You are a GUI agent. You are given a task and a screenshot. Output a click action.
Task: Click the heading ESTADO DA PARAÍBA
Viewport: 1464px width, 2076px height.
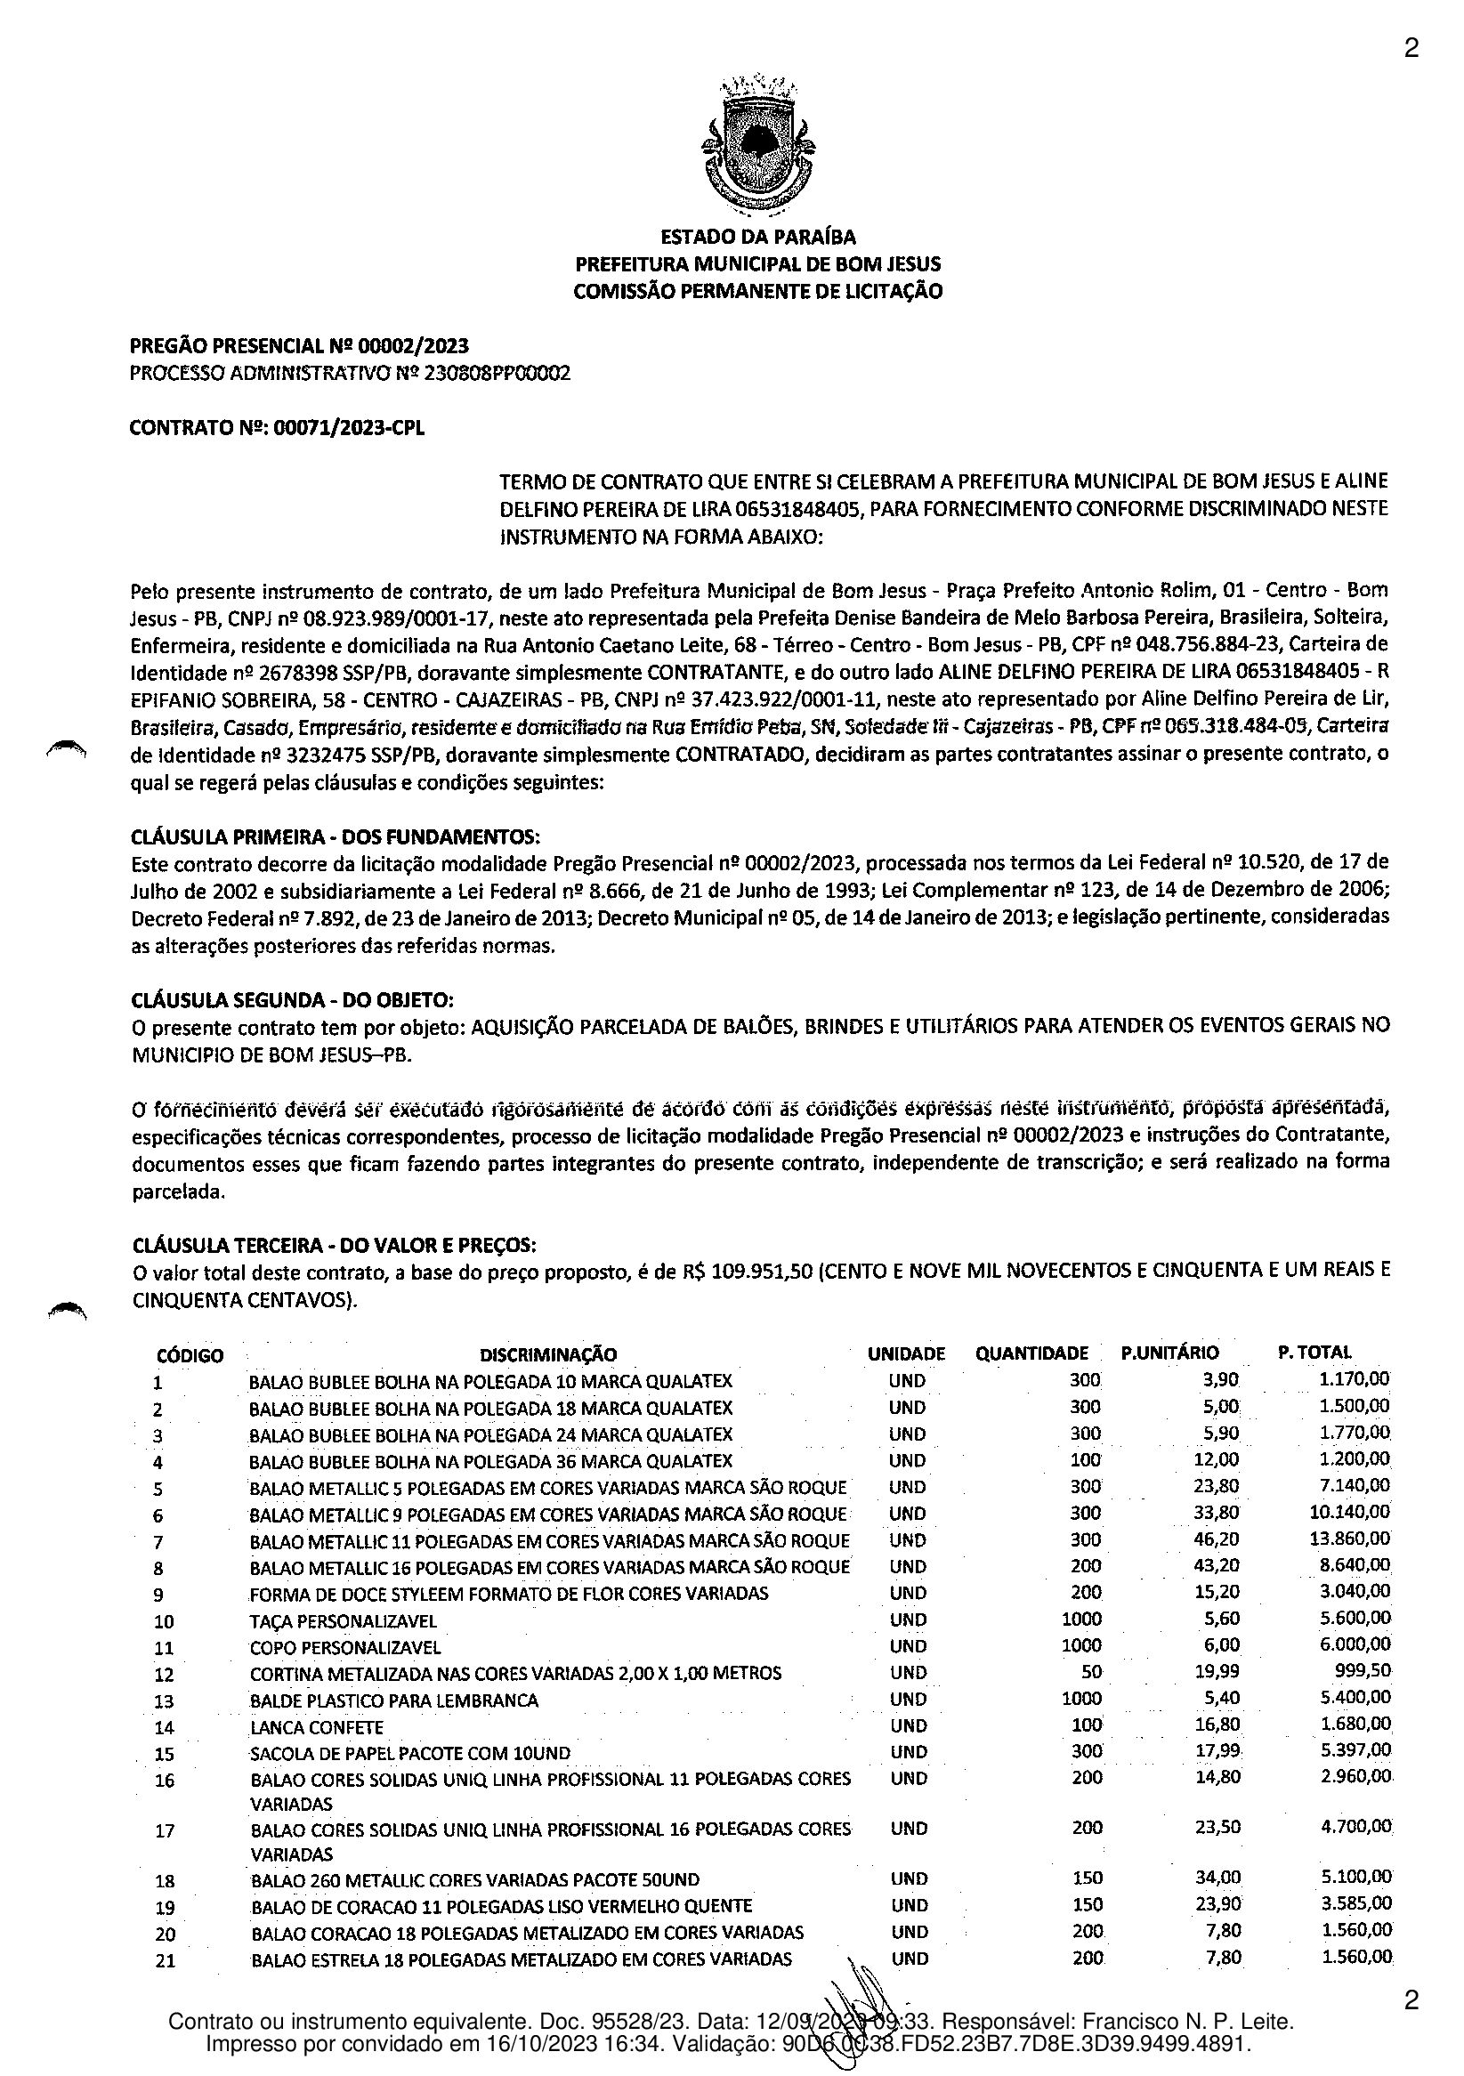pos(758,238)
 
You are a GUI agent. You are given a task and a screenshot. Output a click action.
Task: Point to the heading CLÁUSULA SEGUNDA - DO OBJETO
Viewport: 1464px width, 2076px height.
pos(292,1000)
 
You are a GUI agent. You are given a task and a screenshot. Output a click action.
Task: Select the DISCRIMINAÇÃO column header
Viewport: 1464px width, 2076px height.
pos(548,1354)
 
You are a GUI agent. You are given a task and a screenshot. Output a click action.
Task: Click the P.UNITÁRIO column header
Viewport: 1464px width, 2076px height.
pos(1169,1353)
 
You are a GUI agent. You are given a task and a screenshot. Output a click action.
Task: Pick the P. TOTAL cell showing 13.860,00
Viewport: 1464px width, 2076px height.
pos(1354,1539)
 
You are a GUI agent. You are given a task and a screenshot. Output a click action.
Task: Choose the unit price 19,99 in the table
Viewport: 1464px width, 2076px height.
pos(1217,1672)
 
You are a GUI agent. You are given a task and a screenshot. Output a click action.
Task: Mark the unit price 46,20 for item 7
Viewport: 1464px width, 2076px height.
pos(1217,1539)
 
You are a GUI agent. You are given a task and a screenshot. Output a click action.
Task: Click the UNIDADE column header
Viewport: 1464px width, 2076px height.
pos(906,1354)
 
